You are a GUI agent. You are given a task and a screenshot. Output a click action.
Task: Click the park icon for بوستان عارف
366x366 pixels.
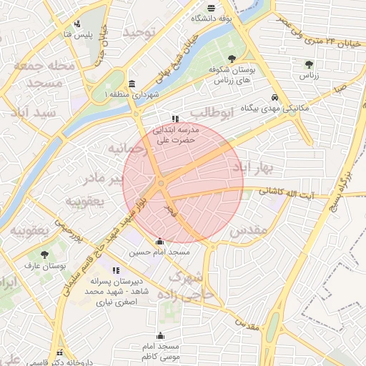click(45, 254)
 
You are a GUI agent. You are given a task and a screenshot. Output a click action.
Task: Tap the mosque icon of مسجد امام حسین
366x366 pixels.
click(159, 241)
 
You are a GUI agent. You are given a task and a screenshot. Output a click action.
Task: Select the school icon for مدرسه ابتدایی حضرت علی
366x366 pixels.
click(175, 119)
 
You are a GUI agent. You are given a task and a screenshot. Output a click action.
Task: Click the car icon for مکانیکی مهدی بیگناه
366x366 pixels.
click(275, 99)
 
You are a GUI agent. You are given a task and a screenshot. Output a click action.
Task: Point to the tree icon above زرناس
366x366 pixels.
click(309, 64)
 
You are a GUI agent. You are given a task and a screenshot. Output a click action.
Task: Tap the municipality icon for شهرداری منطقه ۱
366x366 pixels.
click(131, 83)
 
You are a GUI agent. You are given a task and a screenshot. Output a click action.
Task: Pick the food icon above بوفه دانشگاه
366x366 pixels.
click(210, 9)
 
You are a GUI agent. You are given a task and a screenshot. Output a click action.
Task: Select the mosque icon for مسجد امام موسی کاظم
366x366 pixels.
click(160, 335)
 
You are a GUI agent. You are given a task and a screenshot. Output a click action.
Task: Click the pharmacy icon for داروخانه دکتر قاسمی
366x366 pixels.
click(59, 352)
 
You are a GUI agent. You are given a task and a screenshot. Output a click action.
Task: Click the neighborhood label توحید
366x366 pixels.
click(139, 34)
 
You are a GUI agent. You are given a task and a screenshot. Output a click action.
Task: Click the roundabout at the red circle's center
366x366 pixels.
click(162, 184)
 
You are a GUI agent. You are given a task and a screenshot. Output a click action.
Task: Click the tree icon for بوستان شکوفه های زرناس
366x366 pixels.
click(231, 59)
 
